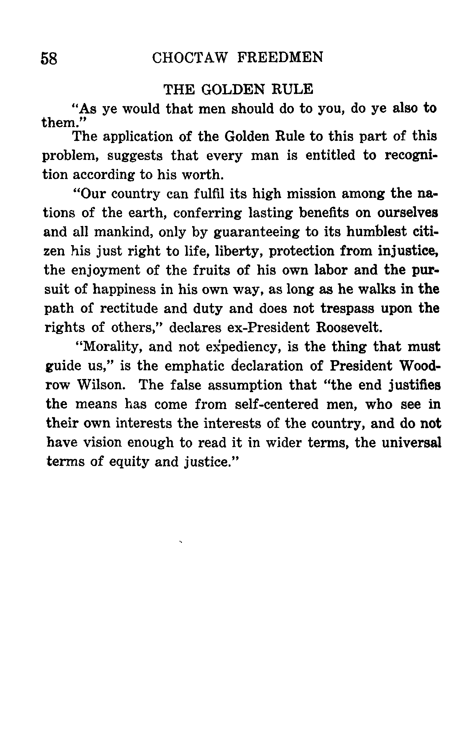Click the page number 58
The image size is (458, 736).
click(49, 58)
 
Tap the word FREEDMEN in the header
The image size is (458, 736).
click(280, 58)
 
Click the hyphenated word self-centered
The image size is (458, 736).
click(276, 404)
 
